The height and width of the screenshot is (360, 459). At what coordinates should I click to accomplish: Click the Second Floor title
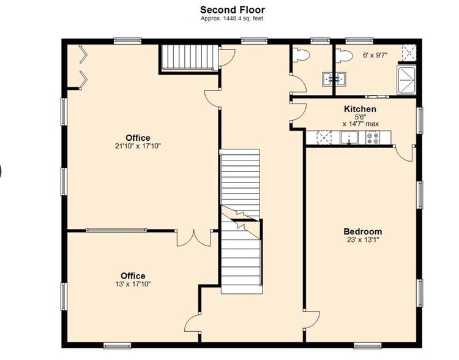coord(233,10)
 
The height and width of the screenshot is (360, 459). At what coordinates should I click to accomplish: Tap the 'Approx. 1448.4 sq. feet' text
coord(232,18)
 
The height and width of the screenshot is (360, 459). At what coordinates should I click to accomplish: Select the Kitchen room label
coord(360,109)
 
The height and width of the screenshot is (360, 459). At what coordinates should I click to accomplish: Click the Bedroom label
coord(363,231)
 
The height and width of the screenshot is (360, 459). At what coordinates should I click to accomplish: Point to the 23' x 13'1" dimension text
coord(363,240)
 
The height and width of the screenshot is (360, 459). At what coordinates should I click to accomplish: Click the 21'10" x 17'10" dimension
coord(138,146)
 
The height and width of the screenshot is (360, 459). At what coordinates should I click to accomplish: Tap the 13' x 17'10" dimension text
coord(133,284)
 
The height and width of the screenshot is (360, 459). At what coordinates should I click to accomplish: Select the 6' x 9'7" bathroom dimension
coord(375,55)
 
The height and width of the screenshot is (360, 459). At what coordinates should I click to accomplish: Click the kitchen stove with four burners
coord(373,138)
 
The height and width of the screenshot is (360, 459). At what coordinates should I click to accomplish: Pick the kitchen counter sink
coord(349,138)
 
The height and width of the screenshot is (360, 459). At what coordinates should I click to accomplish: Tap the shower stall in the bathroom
coord(406,80)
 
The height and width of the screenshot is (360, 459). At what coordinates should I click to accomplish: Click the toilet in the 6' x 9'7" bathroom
coord(343,55)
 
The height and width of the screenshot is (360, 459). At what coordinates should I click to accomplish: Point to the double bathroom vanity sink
coord(334,79)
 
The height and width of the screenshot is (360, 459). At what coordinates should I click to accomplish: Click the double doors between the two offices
coord(194,238)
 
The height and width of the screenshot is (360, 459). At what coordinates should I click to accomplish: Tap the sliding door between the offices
coord(116,230)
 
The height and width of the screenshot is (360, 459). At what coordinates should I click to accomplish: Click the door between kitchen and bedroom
coord(405,153)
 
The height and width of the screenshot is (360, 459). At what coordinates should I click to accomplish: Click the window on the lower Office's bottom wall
coord(117,346)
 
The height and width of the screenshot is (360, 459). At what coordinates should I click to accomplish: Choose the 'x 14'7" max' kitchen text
coord(360,124)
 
